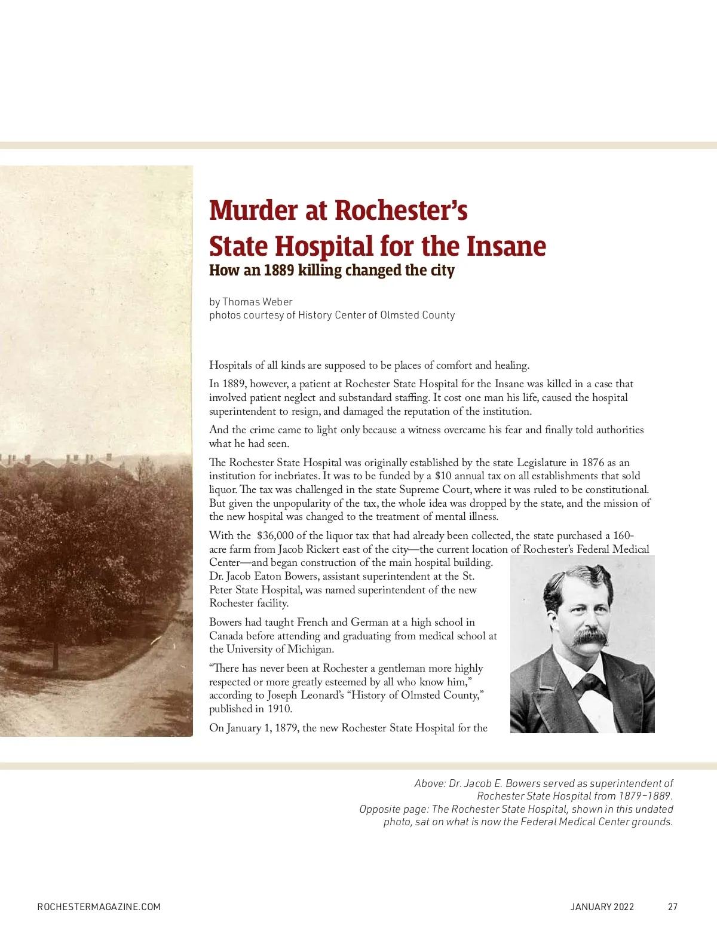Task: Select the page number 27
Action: tap(672, 906)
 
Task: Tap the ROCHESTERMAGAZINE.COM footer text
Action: tap(99, 906)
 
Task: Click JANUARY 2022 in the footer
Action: tap(602, 906)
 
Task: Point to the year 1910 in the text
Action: tap(281, 709)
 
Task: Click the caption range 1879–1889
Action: tap(645, 796)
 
